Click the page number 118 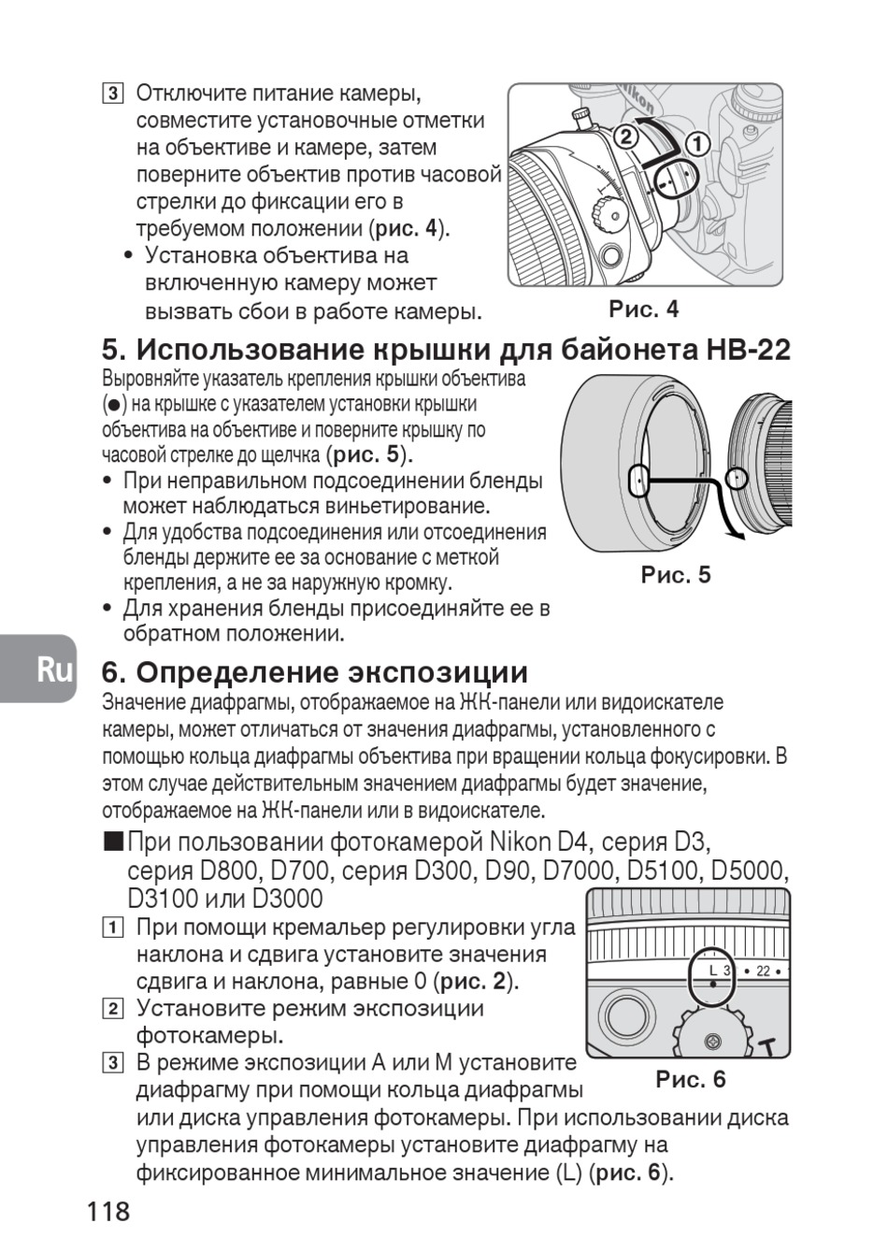coord(108,1212)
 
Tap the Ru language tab coord(55,669)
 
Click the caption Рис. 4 coord(644,309)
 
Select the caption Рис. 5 coord(676,574)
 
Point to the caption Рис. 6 coord(691,1079)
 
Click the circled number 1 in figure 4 coord(698,143)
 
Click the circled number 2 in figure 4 coord(626,137)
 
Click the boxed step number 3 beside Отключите coord(112,94)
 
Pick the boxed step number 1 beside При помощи coord(112,928)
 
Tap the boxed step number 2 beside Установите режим coord(112,1009)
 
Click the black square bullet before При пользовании coord(114,842)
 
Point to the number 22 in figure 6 coord(763,971)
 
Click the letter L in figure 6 coord(713,971)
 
